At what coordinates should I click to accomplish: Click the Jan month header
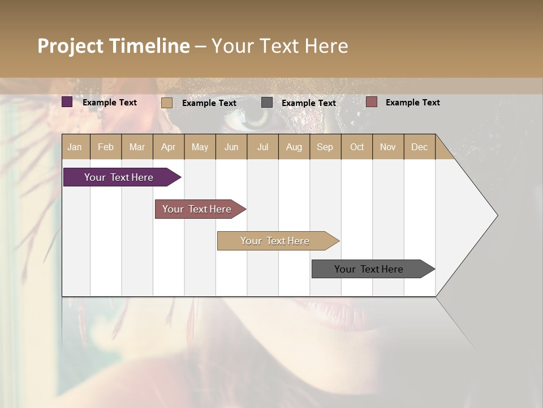click(x=75, y=147)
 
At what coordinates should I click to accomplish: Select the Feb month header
click(x=106, y=147)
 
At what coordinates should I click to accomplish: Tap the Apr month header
click(x=169, y=147)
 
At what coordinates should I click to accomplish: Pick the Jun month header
click(x=231, y=147)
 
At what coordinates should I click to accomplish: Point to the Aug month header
click(x=294, y=147)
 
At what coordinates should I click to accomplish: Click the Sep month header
click(x=325, y=147)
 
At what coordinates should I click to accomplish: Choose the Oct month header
click(x=357, y=147)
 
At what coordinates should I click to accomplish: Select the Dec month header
click(x=420, y=147)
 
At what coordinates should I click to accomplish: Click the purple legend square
click(x=67, y=102)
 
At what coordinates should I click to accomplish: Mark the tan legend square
click(x=167, y=103)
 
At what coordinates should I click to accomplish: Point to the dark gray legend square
click(x=267, y=103)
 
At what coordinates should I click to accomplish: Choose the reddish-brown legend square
click(x=372, y=102)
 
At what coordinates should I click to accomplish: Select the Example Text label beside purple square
click(x=110, y=103)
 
